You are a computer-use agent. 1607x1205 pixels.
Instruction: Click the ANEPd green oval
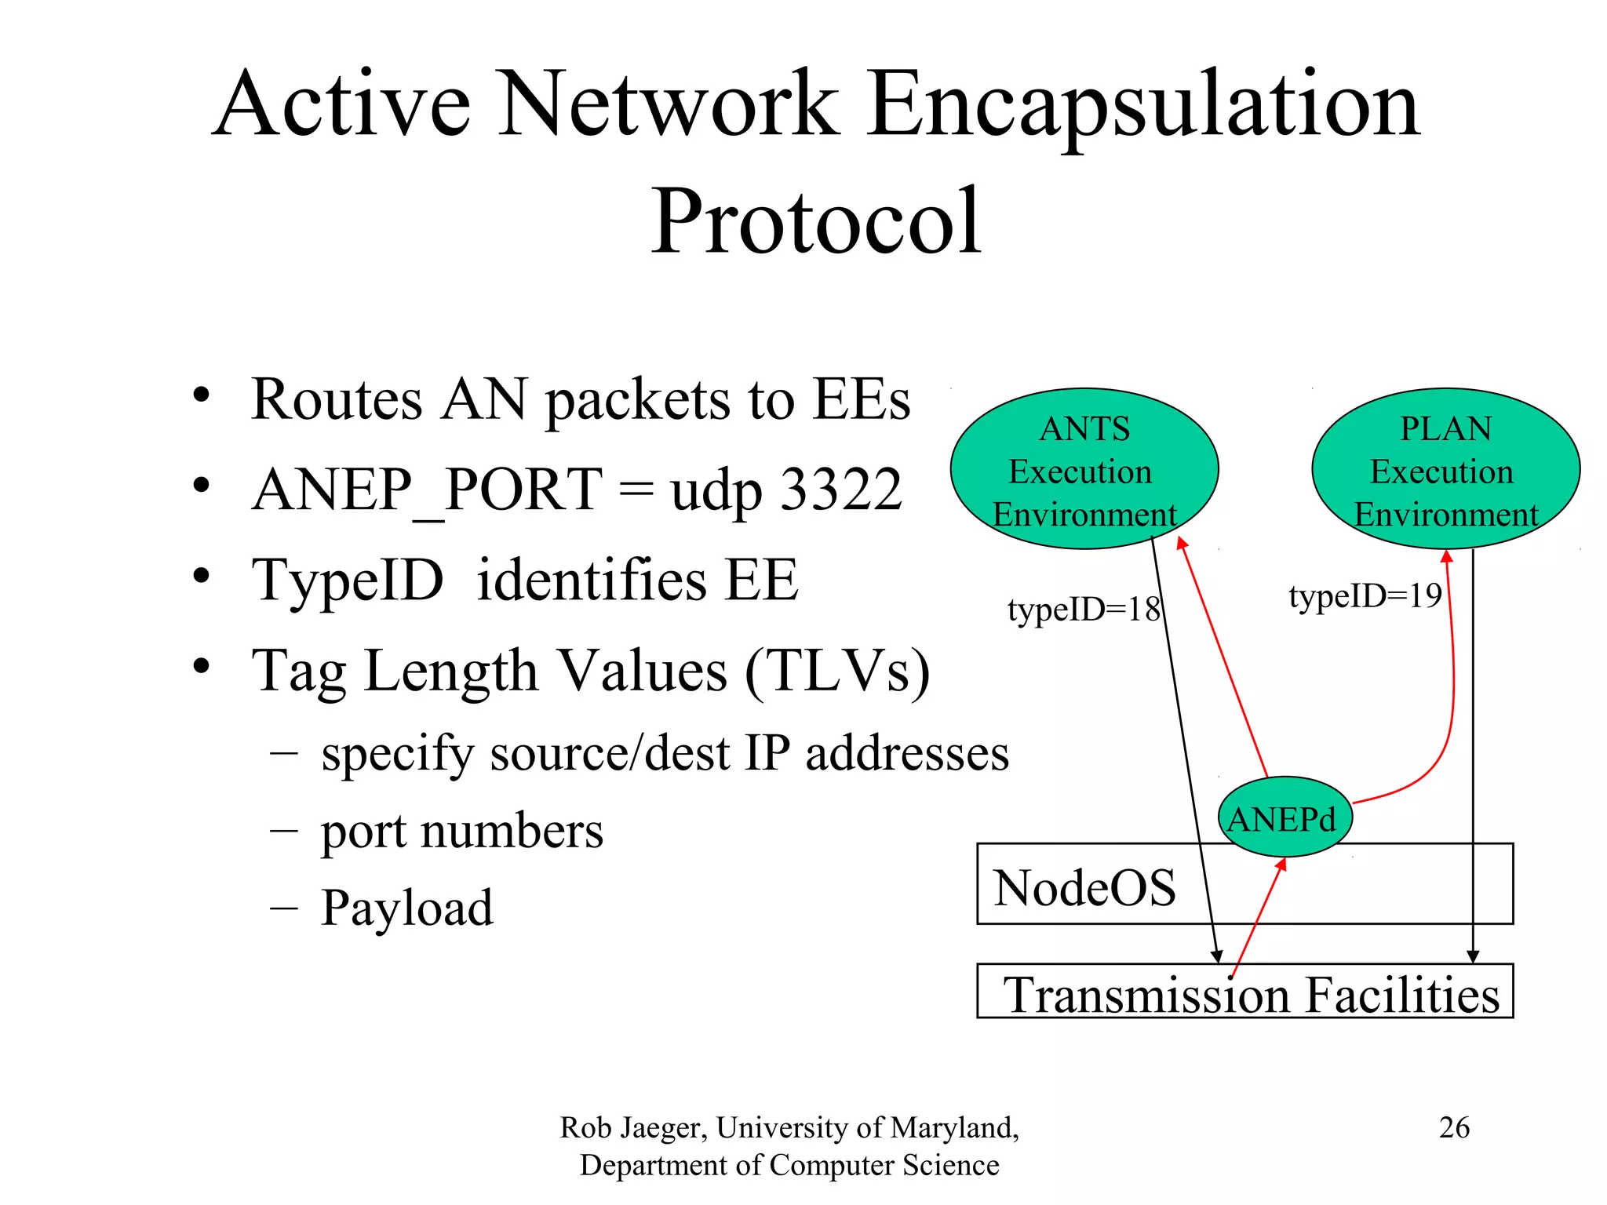(1285, 817)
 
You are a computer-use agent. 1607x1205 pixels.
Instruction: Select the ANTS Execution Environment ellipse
(1084, 469)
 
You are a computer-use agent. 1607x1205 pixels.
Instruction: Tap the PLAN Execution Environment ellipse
(1445, 469)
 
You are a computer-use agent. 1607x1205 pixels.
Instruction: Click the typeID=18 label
(1083, 610)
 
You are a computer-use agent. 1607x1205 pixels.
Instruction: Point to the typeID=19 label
(1365, 596)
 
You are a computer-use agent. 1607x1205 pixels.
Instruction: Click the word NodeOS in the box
(1084, 888)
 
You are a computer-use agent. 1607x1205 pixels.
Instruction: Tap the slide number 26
(1454, 1127)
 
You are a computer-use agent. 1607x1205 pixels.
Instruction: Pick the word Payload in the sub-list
(407, 908)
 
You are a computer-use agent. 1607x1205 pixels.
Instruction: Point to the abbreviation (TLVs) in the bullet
(837, 672)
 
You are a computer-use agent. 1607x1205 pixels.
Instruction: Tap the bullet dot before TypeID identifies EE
(202, 577)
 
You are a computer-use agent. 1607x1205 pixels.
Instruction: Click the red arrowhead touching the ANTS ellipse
(1181, 543)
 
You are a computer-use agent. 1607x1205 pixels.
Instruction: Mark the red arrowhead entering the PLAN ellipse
(1447, 555)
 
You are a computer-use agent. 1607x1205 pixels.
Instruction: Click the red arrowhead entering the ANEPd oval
(1281, 864)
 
